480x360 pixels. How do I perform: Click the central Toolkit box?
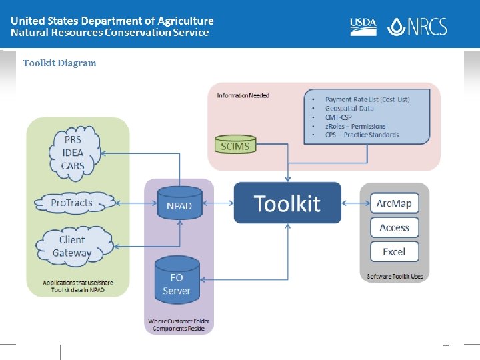pos(287,203)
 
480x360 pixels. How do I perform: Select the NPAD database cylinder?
pos(179,203)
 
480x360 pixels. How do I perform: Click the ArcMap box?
pos(394,203)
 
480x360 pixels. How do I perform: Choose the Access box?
pos(394,227)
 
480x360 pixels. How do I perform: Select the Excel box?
pos(394,252)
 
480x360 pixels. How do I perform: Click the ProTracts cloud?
pos(72,202)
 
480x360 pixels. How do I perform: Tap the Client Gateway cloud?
pos(72,246)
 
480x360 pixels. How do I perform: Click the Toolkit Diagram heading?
pos(59,63)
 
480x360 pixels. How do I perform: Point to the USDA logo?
pos(363,26)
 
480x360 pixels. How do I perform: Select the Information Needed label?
pos(243,96)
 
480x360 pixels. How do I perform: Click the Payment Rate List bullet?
pos(367,99)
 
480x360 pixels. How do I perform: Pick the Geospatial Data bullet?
pos(349,108)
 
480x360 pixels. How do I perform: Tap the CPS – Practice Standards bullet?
pos(362,135)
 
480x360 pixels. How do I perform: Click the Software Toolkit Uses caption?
pos(395,276)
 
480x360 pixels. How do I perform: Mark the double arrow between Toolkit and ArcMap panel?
pos(351,203)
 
